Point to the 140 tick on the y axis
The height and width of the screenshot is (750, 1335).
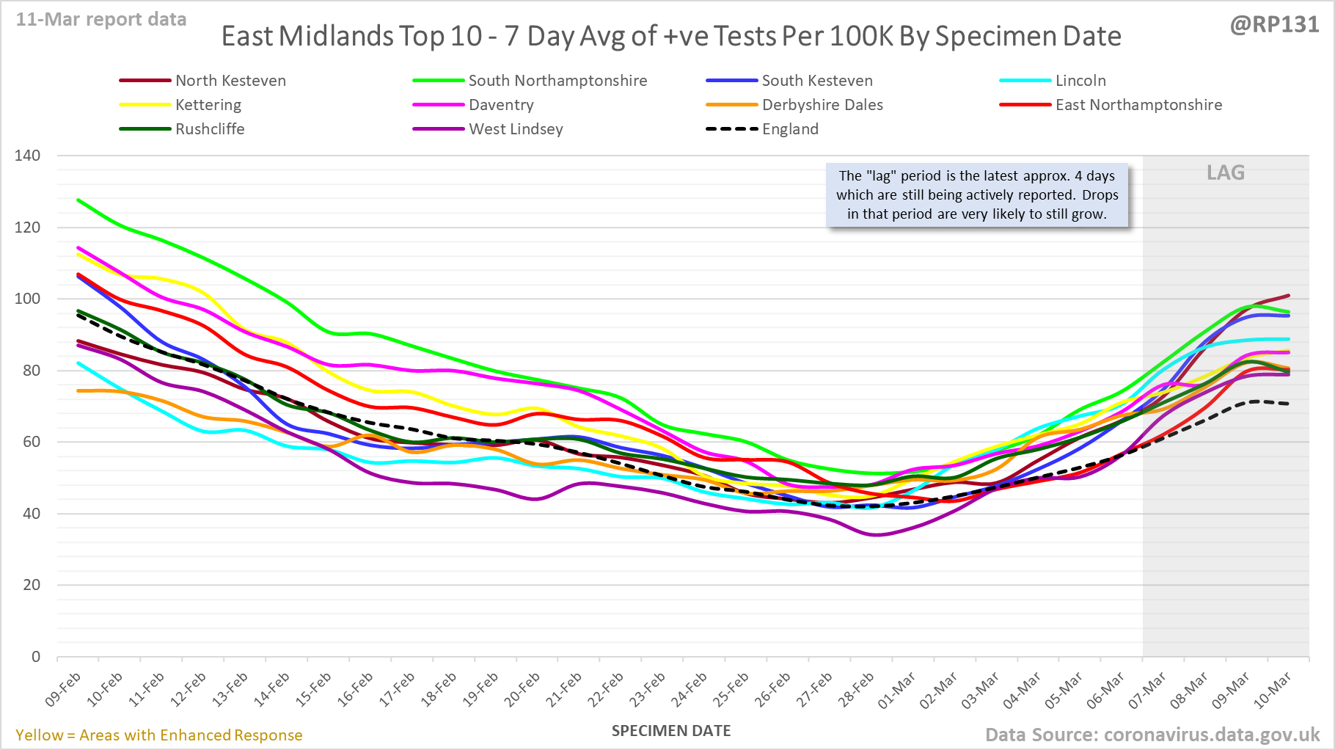tap(27, 156)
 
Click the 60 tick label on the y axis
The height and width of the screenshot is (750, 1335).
tap(31, 442)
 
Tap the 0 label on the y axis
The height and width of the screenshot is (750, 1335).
tap(36, 657)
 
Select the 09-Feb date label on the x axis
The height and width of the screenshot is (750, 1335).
tap(63, 690)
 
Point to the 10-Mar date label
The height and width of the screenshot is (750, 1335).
tap(1273, 690)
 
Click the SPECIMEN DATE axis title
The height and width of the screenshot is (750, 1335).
tap(671, 731)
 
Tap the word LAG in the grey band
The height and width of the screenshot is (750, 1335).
tap(1226, 173)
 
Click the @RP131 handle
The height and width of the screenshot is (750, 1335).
tap(1274, 25)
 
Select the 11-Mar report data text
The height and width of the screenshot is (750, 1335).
tap(101, 20)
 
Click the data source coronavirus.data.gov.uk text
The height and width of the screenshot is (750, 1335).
tap(1152, 735)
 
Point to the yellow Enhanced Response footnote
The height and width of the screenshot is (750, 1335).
tap(159, 735)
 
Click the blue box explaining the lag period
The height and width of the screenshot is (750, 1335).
tap(977, 195)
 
